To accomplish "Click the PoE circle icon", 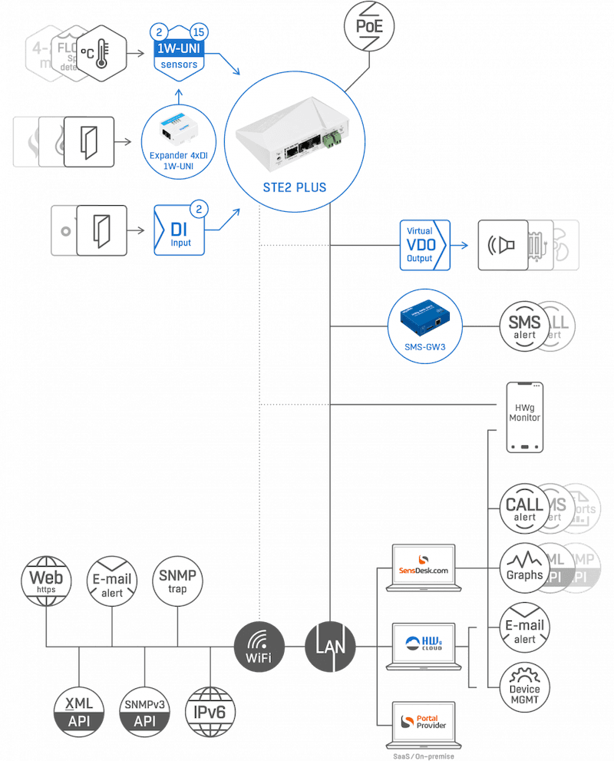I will [x=371, y=27].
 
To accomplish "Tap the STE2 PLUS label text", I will [x=290, y=187].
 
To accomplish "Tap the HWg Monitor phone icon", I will [x=526, y=418].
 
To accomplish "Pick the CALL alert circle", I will [x=525, y=508].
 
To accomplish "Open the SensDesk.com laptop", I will [x=424, y=568].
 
